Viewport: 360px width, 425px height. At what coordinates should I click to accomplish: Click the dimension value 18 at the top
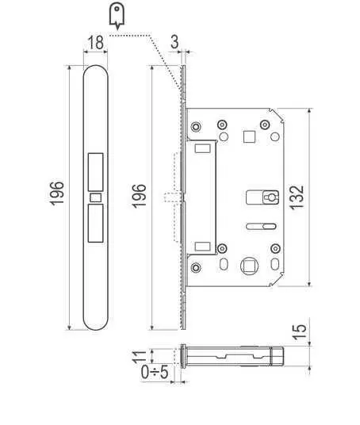(96, 42)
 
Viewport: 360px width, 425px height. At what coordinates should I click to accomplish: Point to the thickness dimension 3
(175, 42)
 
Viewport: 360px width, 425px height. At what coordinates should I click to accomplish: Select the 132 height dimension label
(297, 197)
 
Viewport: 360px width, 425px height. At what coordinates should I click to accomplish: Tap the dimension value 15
(299, 331)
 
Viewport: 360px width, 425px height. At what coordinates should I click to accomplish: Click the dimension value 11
(139, 357)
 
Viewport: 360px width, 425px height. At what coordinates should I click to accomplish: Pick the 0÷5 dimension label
(155, 372)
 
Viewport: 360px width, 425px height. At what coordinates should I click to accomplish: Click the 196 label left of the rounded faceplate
(57, 193)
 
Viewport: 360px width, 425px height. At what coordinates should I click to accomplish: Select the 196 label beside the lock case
(139, 196)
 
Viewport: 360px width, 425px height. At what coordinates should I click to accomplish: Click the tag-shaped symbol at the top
(117, 15)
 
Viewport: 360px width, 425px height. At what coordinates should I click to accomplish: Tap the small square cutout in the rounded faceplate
(96, 197)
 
